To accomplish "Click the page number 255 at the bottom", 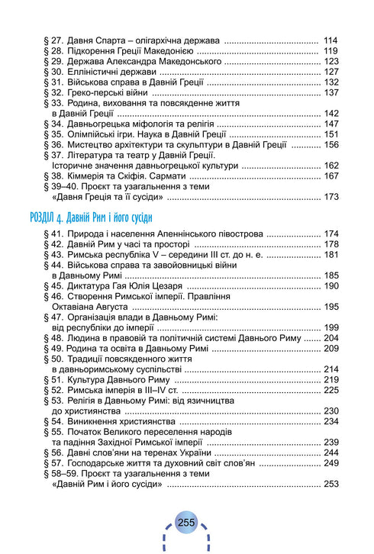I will click(x=187, y=522).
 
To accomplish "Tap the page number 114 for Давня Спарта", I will click(x=330, y=40).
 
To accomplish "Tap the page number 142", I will click(x=330, y=114).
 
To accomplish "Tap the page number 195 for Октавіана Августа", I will click(x=330, y=306).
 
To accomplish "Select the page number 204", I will click(x=330, y=337).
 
